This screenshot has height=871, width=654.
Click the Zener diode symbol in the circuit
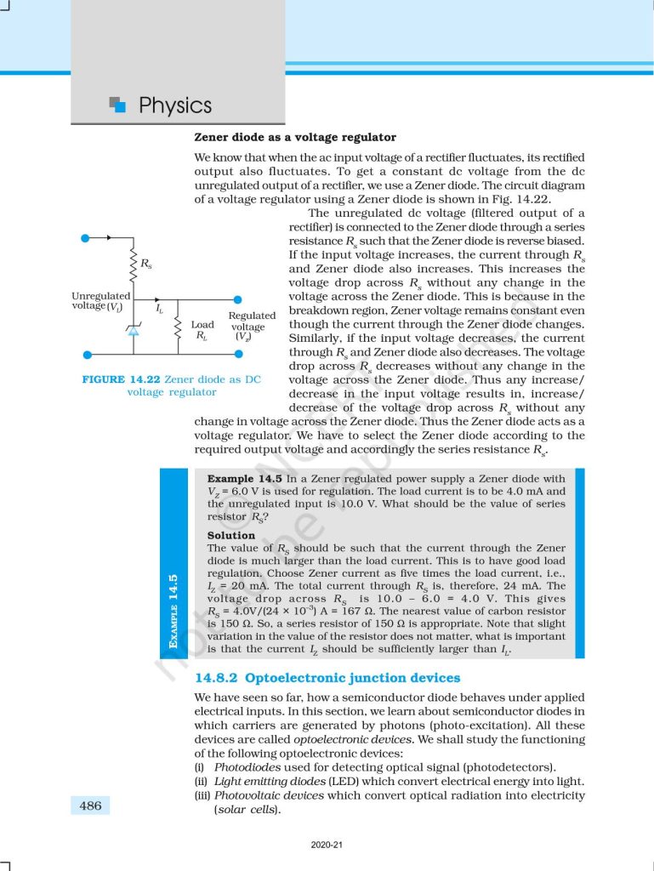coord(133,331)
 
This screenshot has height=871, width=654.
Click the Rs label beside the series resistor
coord(147,264)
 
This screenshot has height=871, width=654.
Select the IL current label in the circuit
coord(160,310)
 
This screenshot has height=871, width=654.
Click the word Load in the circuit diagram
coord(202,324)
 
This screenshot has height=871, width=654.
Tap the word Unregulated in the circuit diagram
coord(101,295)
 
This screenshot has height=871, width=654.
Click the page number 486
coord(90,805)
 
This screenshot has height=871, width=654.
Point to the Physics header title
coord(174,105)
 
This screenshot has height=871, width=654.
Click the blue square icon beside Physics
coord(119,105)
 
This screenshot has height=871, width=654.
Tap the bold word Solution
coord(230,535)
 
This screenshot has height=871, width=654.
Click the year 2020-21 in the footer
coord(327,845)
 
